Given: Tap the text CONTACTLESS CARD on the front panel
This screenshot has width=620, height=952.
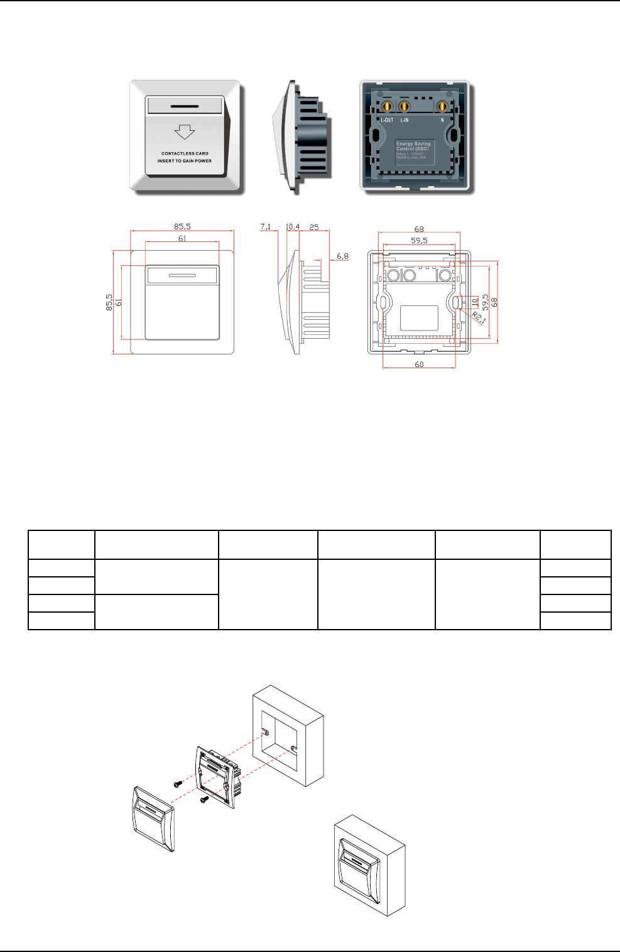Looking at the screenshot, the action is pyautogui.click(x=185, y=153).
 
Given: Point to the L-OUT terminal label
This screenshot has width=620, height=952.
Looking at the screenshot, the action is pyautogui.click(x=387, y=120).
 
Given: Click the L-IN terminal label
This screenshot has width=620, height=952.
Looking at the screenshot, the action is pyautogui.click(x=405, y=120).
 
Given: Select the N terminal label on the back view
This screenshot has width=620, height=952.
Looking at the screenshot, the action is pyautogui.click(x=442, y=120).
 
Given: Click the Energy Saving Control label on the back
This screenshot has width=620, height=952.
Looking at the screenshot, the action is pyautogui.click(x=413, y=146).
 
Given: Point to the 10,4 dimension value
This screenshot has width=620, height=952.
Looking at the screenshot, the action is pyautogui.click(x=293, y=227).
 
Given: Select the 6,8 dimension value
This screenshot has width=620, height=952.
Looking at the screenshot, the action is pyautogui.click(x=342, y=256).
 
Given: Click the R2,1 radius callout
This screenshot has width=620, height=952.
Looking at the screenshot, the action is pyautogui.click(x=479, y=318).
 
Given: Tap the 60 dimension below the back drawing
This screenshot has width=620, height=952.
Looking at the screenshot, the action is pyautogui.click(x=419, y=364).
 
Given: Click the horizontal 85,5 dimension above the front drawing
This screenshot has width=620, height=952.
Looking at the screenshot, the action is pyautogui.click(x=182, y=227).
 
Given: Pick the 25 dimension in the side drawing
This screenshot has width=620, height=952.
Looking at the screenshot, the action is pyautogui.click(x=314, y=227).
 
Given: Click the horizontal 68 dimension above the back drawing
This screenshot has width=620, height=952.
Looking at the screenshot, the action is pyautogui.click(x=419, y=229).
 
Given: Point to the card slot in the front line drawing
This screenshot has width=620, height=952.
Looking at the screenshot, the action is pyautogui.click(x=182, y=275).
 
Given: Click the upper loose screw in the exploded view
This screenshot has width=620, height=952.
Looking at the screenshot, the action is pyautogui.click(x=178, y=784).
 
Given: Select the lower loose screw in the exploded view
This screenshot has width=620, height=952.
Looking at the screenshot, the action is pyautogui.click(x=204, y=799).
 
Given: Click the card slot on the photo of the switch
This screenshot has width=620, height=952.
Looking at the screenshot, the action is pyautogui.click(x=185, y=105).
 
